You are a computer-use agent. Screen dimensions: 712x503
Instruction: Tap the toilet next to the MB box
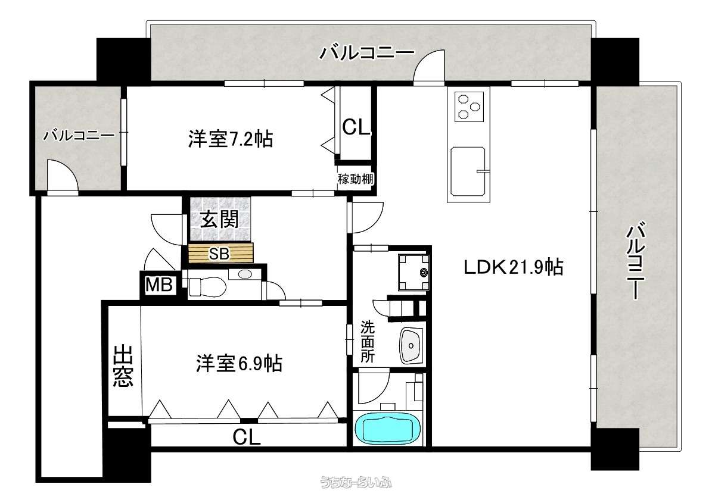pos(207,287)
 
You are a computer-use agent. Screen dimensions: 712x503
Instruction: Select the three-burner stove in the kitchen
pos(469,107)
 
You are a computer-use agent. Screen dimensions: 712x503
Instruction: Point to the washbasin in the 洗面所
pos(411,345)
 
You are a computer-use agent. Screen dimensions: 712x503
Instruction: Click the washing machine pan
pos(413,272)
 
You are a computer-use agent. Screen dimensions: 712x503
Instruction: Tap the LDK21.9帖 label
pos(513,267)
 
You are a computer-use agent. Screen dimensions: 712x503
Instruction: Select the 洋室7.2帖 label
pos(231,139)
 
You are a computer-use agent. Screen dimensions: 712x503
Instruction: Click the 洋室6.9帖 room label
pos(239,363)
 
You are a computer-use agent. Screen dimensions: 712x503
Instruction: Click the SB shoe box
pos(220,253)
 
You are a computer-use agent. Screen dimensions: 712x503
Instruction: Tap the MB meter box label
pos(158,285)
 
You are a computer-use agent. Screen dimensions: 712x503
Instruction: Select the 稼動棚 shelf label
pos(356,179)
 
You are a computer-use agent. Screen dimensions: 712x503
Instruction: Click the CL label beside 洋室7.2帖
pos(356,127)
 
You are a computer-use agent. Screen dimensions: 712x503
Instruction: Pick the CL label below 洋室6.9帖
pos(247,438)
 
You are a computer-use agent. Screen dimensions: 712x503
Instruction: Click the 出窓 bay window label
pos(123,365)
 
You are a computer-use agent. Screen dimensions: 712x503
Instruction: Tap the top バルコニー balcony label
pos(367,53)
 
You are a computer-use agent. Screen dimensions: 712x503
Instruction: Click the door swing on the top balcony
pos(429,67)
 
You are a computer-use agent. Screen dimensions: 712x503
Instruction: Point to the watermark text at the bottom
pos(356,482)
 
